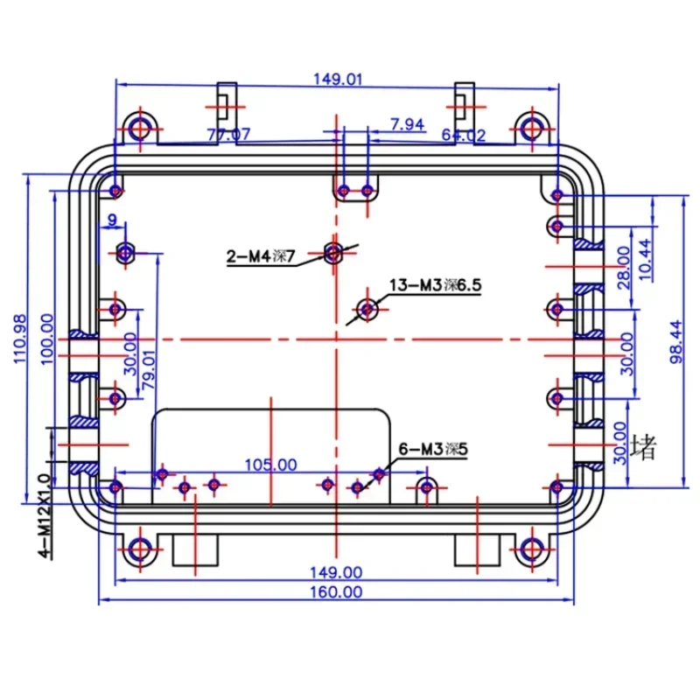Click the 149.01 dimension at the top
click(x=338, y=80)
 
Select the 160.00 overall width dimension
click(x=338, y=591)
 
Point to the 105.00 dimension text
click(x=270, y=465)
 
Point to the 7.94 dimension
click(x=407, y=125)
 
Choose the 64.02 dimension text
click(x=464, y=136)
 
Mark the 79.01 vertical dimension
click(x=150, y=368)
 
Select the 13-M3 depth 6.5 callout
click(x=436, y=285)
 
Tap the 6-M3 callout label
click(x=433, y=450)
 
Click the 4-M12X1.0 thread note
click(x=44, y=515)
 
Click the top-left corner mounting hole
click(x=139, y=129)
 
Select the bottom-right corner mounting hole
click(x=530, y=549)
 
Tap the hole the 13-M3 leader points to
click(x=368, y=308)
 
